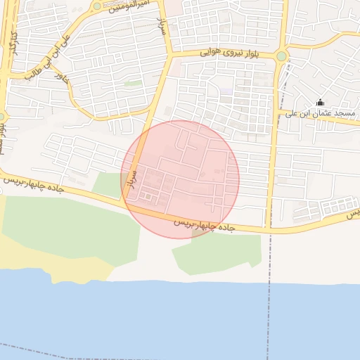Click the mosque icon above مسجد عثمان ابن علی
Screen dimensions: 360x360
[x=321, y=102]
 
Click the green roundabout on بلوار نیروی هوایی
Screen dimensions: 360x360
[x=282, y=56]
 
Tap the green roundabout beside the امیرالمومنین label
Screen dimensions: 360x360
[x=96, y=6]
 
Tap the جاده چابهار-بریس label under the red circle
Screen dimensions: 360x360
[x=203, y=226]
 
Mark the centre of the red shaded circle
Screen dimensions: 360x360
[x=181, y=179]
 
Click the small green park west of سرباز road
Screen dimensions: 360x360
[x=108, y=185]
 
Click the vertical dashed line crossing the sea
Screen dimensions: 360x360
[x=268, y=316]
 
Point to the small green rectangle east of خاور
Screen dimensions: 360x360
[x=132, y=83]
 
